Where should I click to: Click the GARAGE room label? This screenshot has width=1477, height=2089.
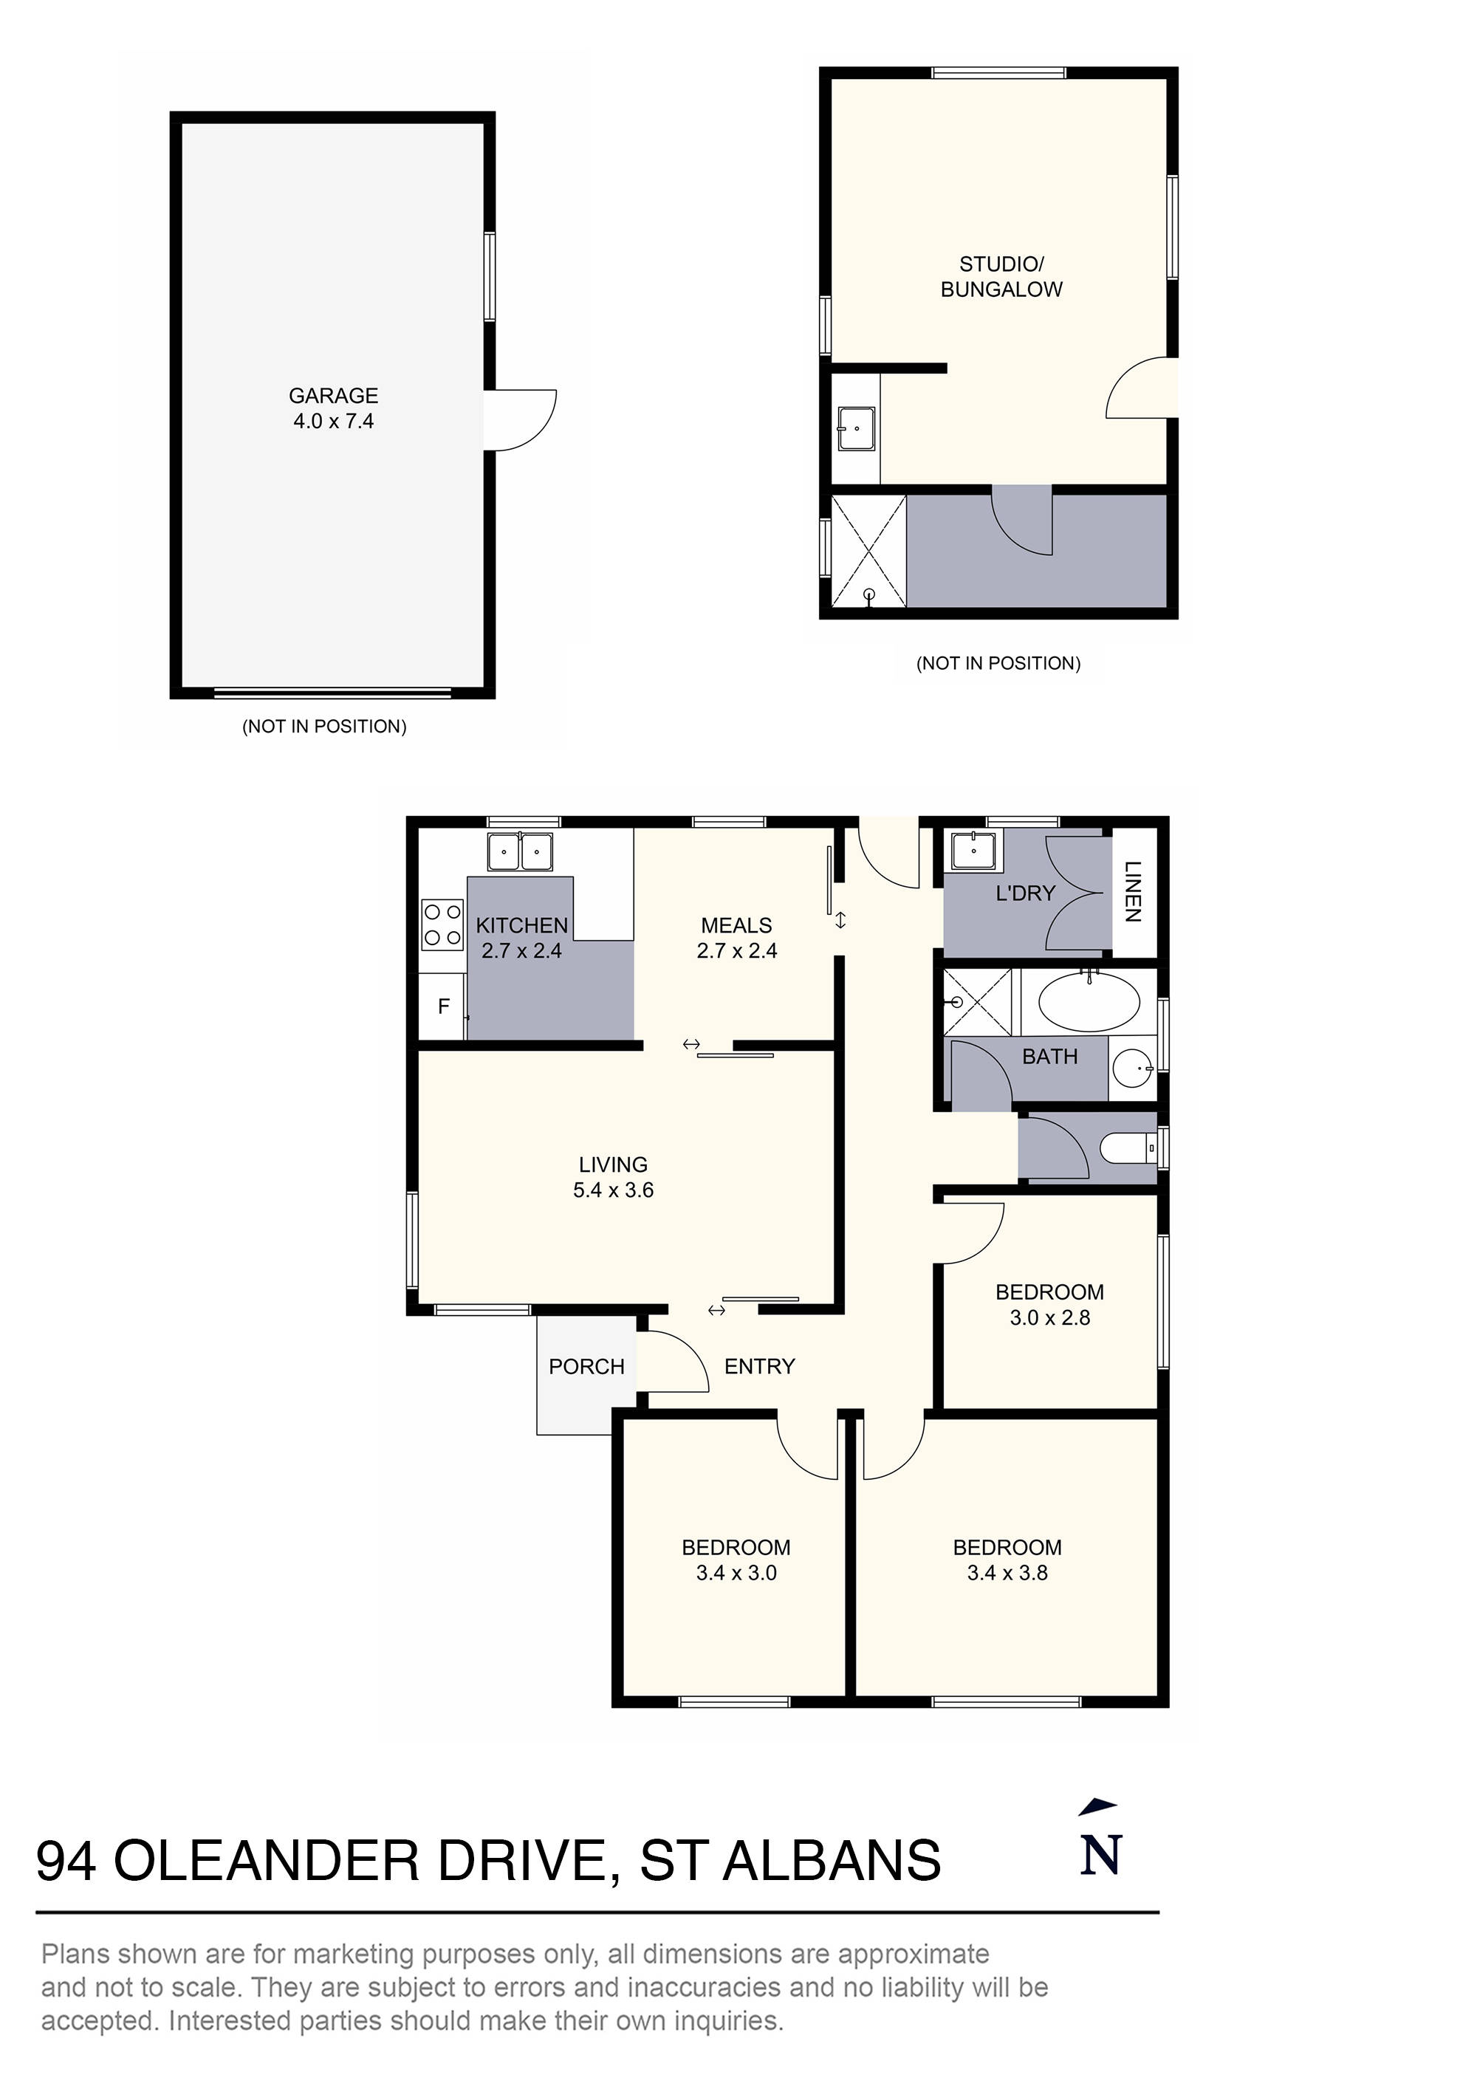pyautogui.click(x=333, y=396)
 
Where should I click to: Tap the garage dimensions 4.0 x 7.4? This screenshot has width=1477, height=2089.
pyautogui.click(x=333, y=421)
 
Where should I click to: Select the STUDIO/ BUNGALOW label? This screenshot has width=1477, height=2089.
pyautogui.click(x=1001, y=277)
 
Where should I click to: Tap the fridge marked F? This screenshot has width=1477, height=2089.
pyautogui.click(x=443, y=1006)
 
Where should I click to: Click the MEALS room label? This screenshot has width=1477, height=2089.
pyautogui.click(x=736, y=925)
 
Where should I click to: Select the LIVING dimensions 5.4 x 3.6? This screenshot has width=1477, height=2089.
pyautogui.click(x=612, y=1190)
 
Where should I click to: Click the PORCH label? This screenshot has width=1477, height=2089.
pyautogui.click(x=586, y=1367)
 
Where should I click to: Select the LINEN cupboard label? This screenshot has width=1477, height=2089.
pyautogui.click(x=1133, y=892)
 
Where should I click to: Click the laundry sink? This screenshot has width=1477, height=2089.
pyautogui.click(x=973, y=851)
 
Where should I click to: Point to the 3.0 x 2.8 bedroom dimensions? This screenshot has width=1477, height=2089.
pyautogui.click(x=1049, y=1317)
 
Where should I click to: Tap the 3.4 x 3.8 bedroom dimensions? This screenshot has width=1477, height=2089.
pyautogui.click(x=1007, y=1573)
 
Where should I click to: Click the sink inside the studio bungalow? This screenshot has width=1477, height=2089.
pyautogui.click(x=855, y=428)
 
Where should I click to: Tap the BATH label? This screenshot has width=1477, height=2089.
pyautogui.click(x=1049, y=1057)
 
